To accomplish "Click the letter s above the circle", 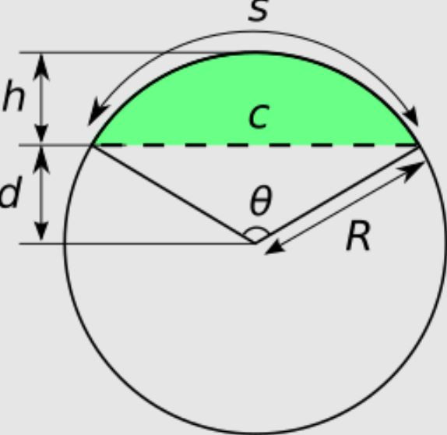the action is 258,11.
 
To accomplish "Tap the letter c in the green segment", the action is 259,116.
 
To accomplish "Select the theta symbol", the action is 261,200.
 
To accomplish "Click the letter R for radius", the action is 358,236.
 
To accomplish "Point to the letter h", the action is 14,96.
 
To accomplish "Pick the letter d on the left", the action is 11,191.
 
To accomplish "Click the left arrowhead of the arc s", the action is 97,113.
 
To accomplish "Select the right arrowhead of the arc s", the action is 411,116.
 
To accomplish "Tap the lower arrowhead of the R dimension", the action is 275,247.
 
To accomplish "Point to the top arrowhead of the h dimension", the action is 41,66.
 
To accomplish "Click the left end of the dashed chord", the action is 93,146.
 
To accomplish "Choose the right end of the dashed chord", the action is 417,146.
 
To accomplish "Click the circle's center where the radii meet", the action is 255,243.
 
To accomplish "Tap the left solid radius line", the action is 174,194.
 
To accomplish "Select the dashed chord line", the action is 255,146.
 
